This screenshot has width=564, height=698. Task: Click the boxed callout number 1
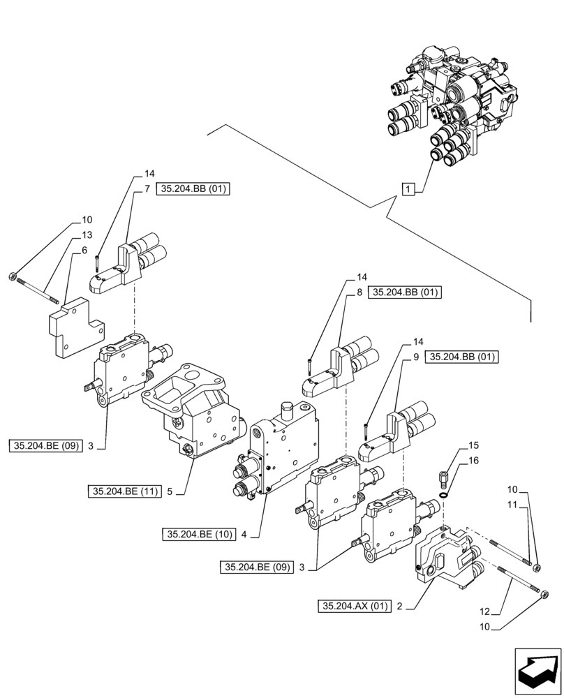click(408, 188)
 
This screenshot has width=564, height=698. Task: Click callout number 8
click(359, 293)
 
